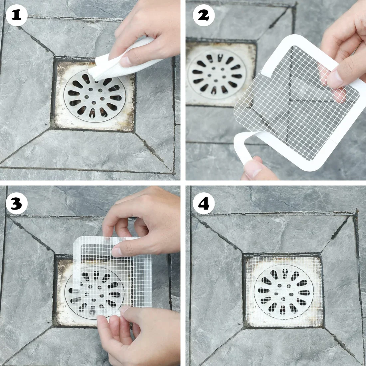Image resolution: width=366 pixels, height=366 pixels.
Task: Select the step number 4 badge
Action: (x=204, y=204)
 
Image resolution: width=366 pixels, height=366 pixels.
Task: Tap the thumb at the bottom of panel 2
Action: (x=256, y=170)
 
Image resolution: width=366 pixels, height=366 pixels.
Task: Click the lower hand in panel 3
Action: (x=140, y=336)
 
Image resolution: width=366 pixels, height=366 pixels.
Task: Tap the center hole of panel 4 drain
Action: (x=284, y=292)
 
